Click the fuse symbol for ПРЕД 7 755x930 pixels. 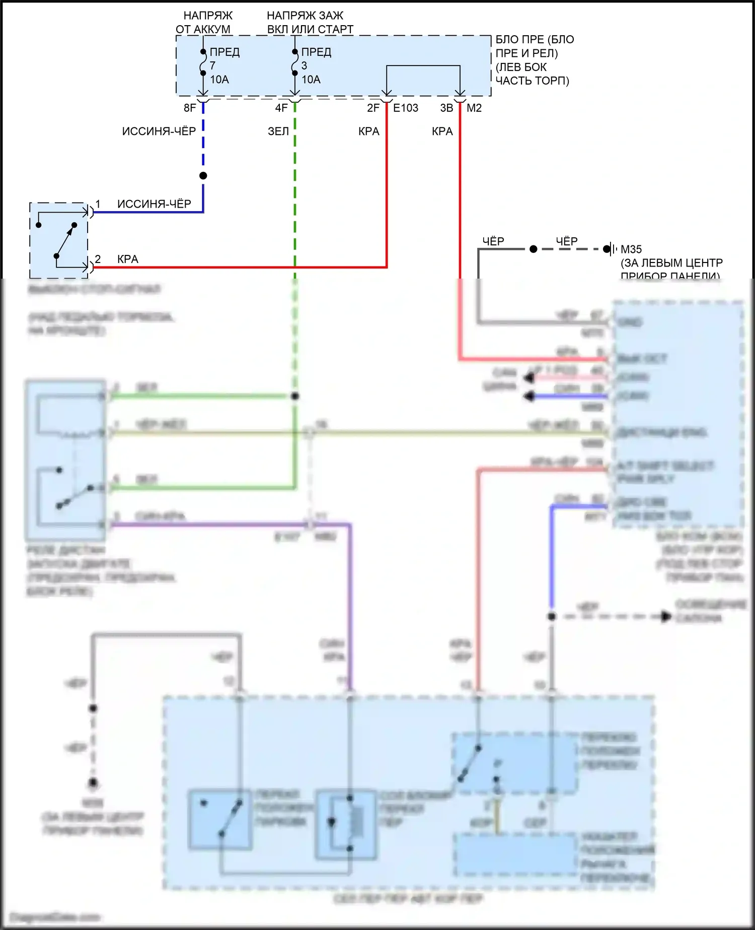coord(203,63)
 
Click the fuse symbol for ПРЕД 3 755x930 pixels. coord(295,63)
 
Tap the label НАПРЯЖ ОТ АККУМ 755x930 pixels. coord(204,23)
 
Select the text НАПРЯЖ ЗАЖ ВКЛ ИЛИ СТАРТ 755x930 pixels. coord(310,23)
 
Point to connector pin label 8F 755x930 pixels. coord(190,108)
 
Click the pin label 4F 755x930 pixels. coord(281,108)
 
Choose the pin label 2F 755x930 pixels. coord(373,108)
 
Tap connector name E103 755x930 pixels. coord(406,108)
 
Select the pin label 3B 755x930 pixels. coord(446,108)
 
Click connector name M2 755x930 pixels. coord(474,108)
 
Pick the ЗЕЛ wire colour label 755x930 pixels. coord(278,131)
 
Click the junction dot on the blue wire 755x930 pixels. coord(203,176)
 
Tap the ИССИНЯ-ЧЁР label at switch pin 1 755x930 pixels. coord(154,204)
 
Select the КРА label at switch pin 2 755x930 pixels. coord(127,259)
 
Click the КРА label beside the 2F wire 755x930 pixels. coord(368,131)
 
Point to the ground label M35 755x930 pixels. coord(631,249)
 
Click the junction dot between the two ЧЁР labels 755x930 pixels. coord(534,249)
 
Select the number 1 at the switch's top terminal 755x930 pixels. coord(98,204)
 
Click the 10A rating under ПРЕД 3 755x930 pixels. coord(311,80)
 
